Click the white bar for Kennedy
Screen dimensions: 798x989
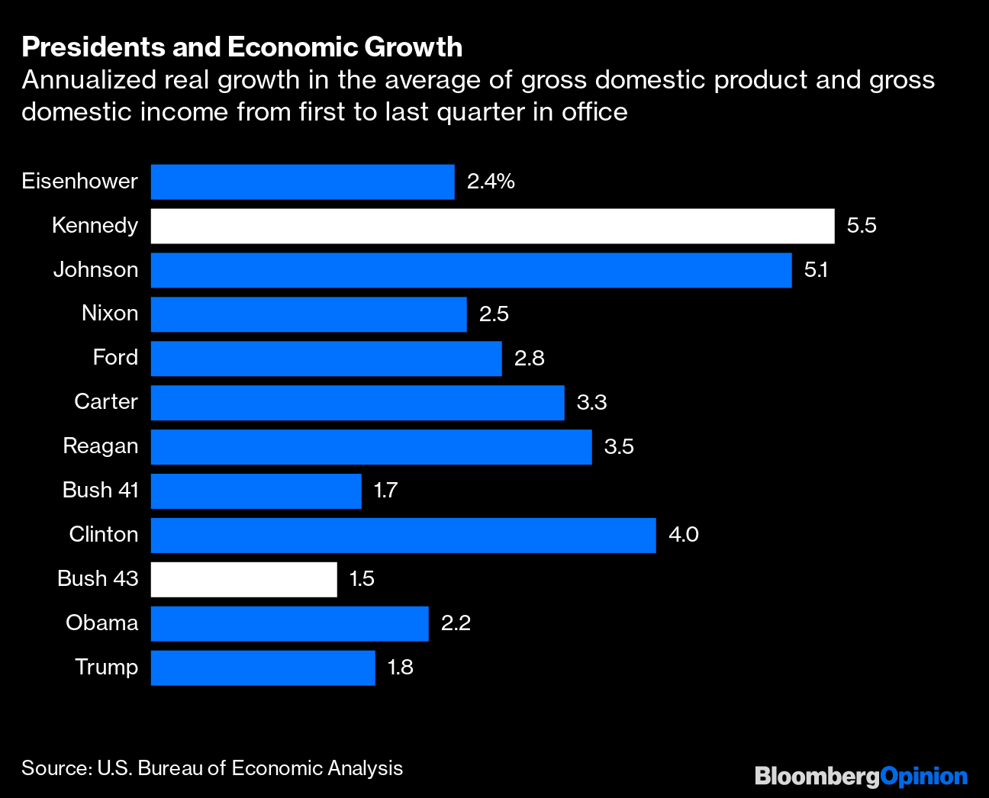click(x=492, y=226)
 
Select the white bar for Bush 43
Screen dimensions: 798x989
click(x=243, y=579)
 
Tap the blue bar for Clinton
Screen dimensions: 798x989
click(x=403, y=535)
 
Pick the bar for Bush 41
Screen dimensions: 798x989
click(x=256, y=491)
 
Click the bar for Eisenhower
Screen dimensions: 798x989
click(x=302, y=182)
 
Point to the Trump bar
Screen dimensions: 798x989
click(x=263, y=668)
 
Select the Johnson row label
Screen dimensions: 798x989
click(x=95, y=269)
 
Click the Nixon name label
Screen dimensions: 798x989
click(x=110, y=314)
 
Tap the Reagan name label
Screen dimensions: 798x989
click(x=100, y=446)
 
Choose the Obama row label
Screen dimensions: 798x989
click(x=101, y=623)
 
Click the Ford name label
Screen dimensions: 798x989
click(x=115, y=358)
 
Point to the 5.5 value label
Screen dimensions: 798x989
click(x=862, y=226)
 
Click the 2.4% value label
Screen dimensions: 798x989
click(x=491, y=182)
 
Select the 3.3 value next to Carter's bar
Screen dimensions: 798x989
click(x=591, y=402)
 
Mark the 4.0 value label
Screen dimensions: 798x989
click(x=683, y=535)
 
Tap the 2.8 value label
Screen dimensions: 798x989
click(x=529, y=358)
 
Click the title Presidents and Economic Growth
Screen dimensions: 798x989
click(x=242, y=47)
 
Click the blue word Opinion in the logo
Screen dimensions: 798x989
click(x=923, y=777)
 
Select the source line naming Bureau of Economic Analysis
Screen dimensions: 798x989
click(x=212, y=768)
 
